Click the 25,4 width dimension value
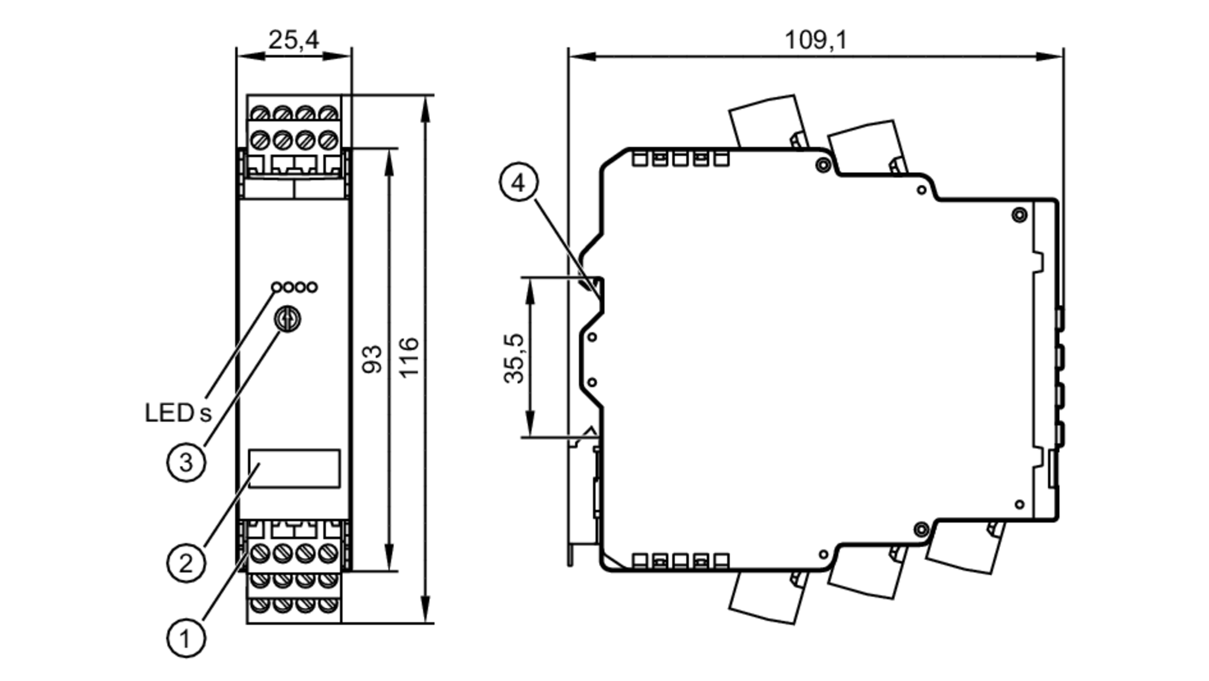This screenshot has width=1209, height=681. (293, 40)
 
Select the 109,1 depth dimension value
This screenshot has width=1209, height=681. (815, 40)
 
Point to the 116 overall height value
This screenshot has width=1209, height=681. (409, 358)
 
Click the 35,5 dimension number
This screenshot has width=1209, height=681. (514, 358)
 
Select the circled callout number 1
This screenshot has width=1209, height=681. (186, 638)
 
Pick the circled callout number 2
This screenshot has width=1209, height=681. (186, 563)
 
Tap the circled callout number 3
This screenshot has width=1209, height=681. (186, 463)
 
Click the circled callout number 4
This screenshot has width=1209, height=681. (519, 182)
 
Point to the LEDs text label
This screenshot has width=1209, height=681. (178, 413)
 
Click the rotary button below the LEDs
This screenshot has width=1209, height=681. (288, 319)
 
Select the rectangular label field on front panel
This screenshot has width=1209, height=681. (294, 468)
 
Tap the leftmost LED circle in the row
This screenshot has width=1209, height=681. (276, 288)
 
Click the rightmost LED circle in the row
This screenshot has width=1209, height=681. (312, 288)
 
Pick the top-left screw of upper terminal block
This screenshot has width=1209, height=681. (260, 114)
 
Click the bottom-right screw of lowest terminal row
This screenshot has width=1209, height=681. (328, 604)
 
